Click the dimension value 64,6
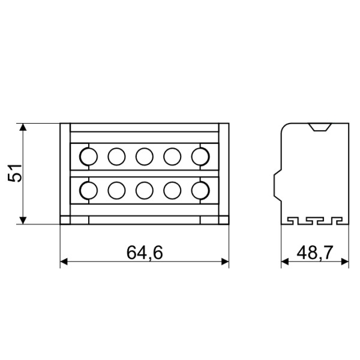145,253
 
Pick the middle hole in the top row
144,156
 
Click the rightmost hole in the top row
200,156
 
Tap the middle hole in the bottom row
144,190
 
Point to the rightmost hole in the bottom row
200,190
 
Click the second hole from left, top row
116,156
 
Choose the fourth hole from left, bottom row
172,190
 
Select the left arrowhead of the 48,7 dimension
285,262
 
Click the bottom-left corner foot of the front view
65,220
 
